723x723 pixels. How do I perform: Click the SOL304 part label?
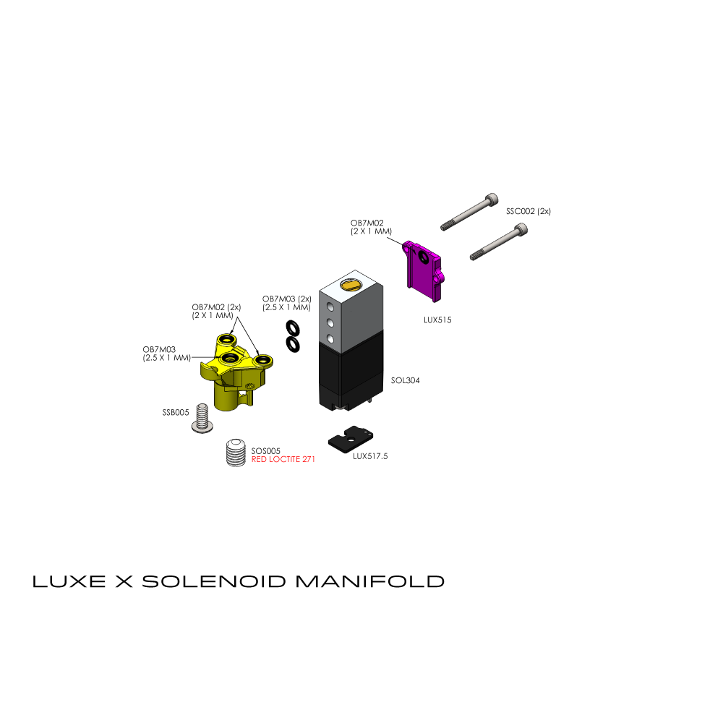tap(406, 380)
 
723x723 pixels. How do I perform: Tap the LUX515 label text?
tap(437, 320)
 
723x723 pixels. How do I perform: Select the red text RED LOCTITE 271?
tap(283, 459)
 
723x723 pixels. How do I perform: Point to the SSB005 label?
tap(176, 413)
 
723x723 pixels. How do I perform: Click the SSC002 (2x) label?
tap(529, 211)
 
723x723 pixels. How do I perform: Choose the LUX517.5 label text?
tap(370, 456)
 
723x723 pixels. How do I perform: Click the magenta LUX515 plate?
tap(424, 270)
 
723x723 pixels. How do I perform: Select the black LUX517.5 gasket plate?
tap(351, 440)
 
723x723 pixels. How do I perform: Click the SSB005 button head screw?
tap(202, 419)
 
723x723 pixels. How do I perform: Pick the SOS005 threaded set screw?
tap(236, 453)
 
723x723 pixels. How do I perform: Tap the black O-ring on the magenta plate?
tap(423, 258)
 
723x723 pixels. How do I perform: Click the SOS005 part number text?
tap(265, 451)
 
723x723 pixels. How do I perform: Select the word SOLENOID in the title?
tap(214, 581)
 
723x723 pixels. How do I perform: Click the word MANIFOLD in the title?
tap(369, 581)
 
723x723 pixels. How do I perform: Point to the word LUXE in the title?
tap(69, 581)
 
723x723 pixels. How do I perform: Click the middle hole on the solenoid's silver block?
tap(330, 322)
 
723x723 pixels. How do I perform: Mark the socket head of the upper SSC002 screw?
tap(492, 200)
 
